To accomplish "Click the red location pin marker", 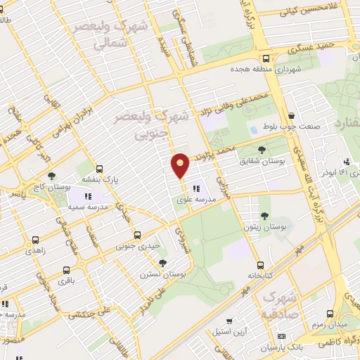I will click(181, 165).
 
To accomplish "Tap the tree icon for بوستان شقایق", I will click(262, 150).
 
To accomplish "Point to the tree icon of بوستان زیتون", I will click(265, 217).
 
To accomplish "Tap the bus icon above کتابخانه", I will click(261, 265).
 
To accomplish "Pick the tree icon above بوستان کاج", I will click(51, 176).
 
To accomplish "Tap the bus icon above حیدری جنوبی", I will click(136, 236).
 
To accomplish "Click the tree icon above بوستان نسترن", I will click(163, 263).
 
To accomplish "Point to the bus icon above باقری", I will click(66, 270).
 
